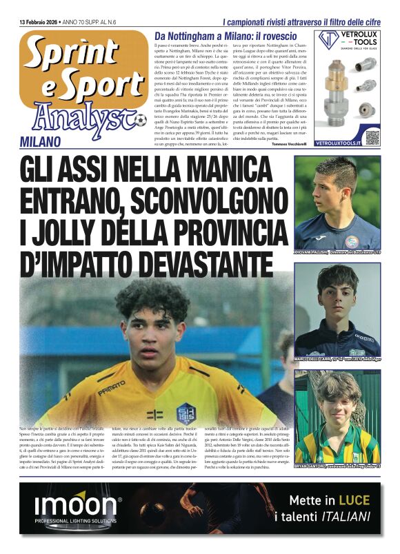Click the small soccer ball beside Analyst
click(141, 121)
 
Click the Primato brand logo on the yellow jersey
click(112, 391)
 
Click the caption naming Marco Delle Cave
click(337, 358)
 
